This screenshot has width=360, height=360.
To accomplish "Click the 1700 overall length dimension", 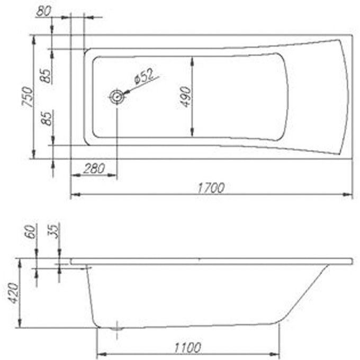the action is (x=211, y=188).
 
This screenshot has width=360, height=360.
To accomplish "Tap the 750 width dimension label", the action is (x=28, y=97).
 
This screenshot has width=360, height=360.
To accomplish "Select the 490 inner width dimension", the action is (x=185, y=97).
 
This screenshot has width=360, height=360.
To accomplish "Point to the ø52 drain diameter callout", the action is (x=145, y=76).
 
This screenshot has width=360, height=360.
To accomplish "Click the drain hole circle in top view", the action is (x=117, y=97).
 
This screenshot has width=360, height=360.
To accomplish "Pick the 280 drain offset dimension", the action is (x=94, y=169).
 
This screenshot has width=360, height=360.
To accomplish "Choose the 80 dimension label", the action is (x=43, y=11).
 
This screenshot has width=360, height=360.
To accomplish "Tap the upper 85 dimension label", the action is (x=46, y=76).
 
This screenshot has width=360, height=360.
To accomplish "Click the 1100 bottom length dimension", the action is (x=187, y=348).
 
